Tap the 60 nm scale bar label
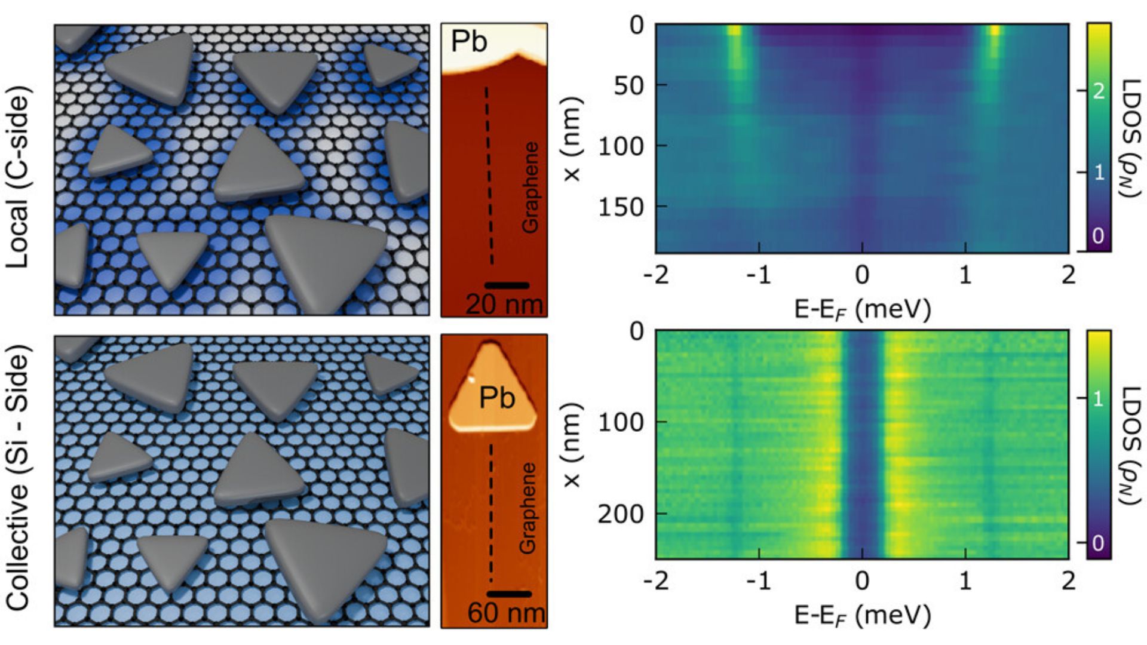(506, 613)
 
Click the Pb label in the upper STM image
(469, 41)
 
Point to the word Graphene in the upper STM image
(530, 187)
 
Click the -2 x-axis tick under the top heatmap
(657, 275)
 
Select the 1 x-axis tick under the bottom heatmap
(966, 581)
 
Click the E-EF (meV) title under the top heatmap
(862, 309)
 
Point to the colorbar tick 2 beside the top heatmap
(1098, 91)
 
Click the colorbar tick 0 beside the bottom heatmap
(1098, 543)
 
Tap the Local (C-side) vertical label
(19, 177)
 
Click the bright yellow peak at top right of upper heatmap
(993, 31)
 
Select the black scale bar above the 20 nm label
(507, 285)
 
